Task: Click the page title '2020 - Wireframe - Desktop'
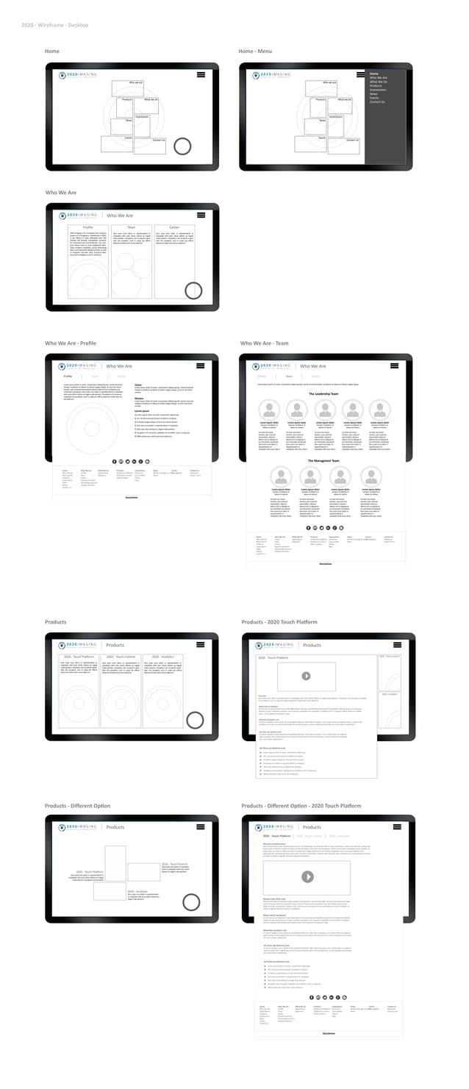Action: [x=55, y=25]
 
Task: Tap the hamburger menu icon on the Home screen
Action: [x=201, y=75]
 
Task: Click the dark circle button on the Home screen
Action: [x=182, y=146]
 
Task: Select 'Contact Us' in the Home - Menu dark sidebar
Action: [x=377, y=102]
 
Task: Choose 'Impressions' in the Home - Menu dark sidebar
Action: [x=379, y=90]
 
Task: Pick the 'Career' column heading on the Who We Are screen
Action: [x=174, y=228]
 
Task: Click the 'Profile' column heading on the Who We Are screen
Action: [x=88, y=228]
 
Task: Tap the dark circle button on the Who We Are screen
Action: [x=193, y=290]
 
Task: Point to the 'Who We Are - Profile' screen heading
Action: [x=71, y=343]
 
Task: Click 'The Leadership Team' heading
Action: [x=324, y=394]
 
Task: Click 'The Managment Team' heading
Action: [x=323, y=461]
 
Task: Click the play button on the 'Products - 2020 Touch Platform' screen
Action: [x=306, y=676]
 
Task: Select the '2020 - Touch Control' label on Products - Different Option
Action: [x=174, y=864]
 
